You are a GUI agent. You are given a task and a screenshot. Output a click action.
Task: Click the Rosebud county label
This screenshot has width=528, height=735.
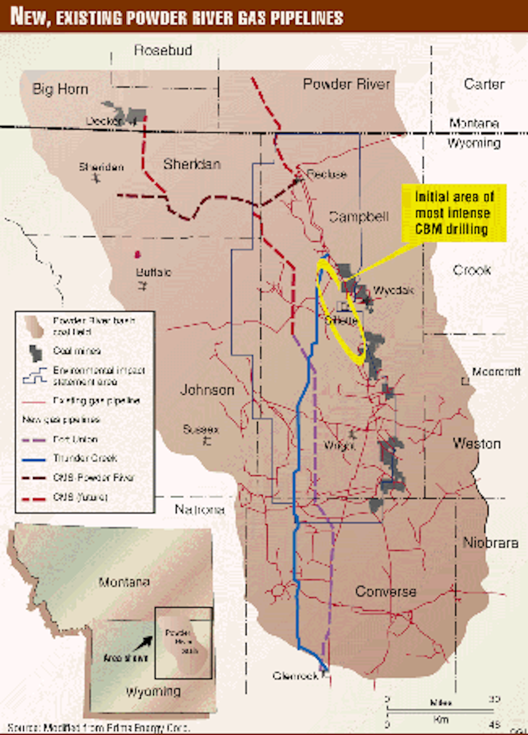(163, 50)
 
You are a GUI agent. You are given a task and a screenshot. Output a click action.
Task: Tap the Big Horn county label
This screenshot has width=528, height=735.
(60, 89)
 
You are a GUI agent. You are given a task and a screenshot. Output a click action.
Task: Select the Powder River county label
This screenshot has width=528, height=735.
(346, 84)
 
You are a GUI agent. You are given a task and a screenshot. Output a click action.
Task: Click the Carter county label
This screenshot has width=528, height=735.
(484, 84)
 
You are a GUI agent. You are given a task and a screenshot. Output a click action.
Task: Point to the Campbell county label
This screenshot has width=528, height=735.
(359, 216)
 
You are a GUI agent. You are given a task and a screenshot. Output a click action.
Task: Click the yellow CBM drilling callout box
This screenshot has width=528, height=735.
(453, 213)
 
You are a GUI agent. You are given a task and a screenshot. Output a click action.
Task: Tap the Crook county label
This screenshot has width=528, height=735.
(472, 270)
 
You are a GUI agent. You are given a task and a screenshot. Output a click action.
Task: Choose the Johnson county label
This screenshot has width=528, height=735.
(207, 390)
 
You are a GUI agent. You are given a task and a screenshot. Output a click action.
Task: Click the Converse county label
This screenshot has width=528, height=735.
(385, 591)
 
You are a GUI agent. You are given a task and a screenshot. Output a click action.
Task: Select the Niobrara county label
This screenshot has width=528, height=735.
(490, 543)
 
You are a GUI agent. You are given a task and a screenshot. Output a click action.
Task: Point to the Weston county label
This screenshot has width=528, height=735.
(477, 443)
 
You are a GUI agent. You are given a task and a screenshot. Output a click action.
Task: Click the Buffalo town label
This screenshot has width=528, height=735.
(153, 272)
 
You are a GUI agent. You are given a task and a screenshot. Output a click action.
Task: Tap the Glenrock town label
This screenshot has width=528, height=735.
(295, 676)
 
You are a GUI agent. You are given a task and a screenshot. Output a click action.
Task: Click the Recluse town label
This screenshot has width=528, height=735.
(326, 174)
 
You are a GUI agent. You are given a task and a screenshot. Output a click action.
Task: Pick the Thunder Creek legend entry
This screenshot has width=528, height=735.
(85, 458)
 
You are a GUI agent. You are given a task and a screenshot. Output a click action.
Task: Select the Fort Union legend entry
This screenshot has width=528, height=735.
(75, 440)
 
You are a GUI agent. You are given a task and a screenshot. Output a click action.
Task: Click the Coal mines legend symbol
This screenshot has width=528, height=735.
(36, 352)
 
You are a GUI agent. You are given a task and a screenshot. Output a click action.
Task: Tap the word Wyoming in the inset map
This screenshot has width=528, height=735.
(153, 691)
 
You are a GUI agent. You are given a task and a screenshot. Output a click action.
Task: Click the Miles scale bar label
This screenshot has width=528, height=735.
(440, 702)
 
